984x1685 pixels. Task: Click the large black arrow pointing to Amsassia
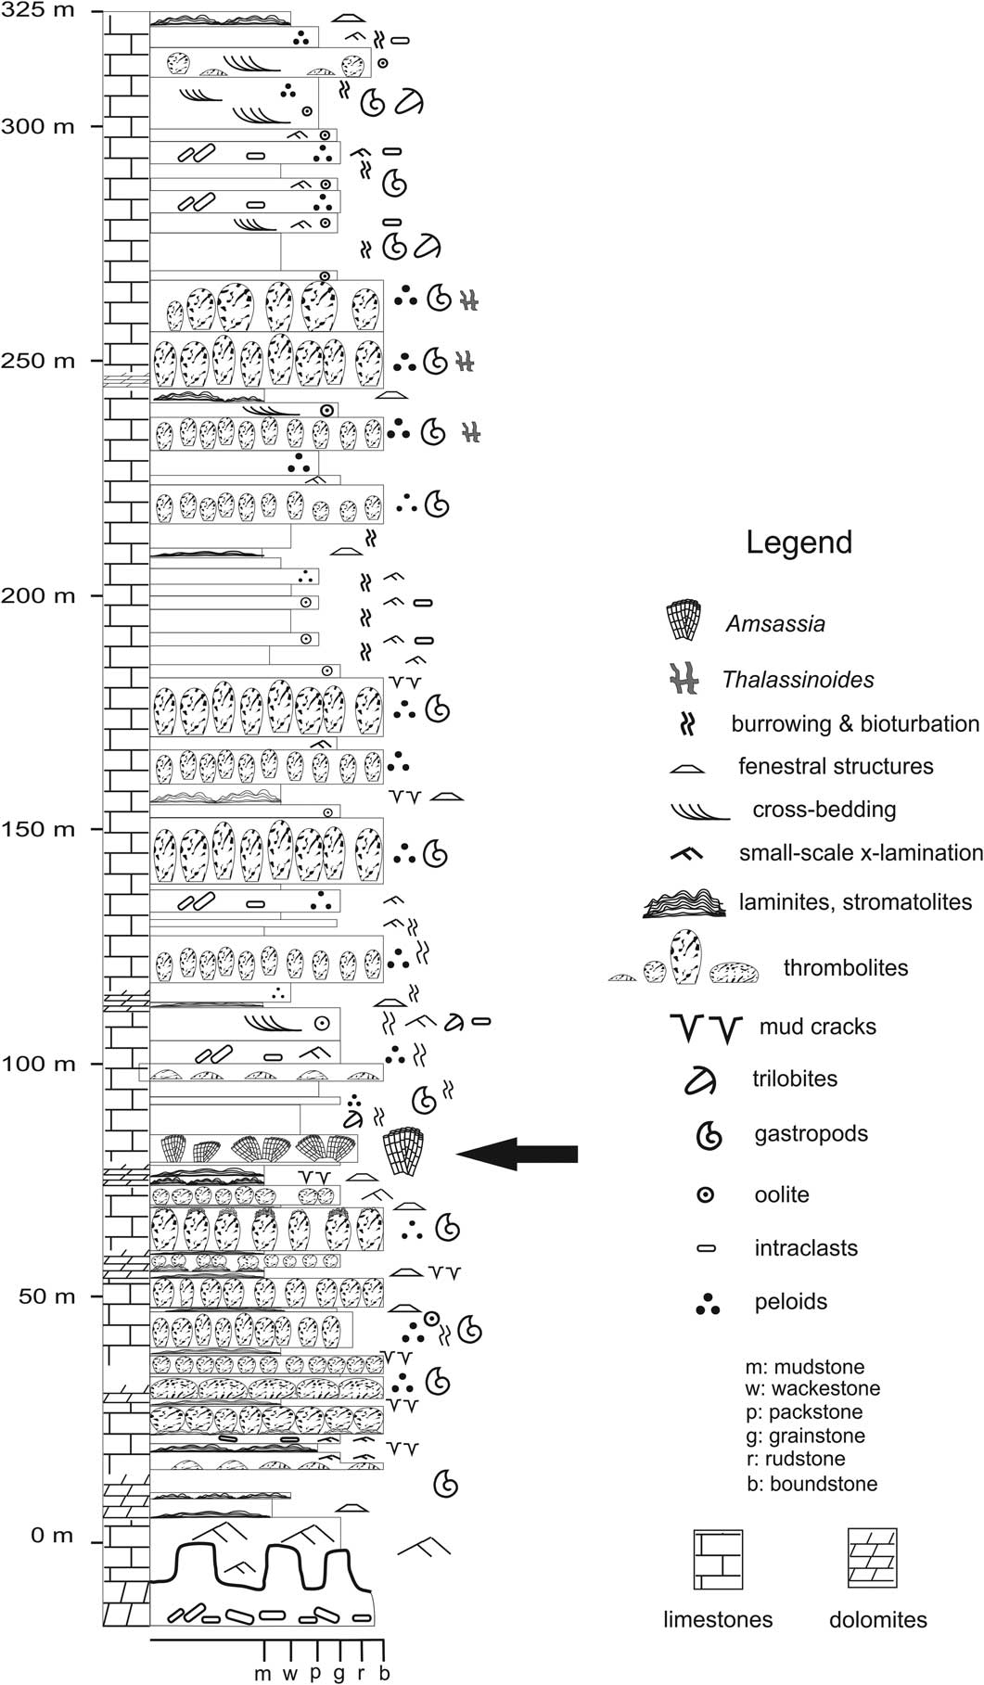click(518, 1154)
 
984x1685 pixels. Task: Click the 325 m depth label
click(40, 11)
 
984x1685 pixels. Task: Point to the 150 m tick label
click(40, 829)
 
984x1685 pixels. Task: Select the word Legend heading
click(799, 543)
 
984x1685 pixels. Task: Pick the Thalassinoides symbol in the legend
click(684, 680)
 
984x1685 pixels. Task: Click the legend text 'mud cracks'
click(817, 1027)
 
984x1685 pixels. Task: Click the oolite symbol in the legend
click(706, 1195)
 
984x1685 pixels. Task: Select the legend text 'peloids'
click(790, 1302)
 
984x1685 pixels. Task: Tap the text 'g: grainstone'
click(805, 1436)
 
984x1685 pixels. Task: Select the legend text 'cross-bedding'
click(824, 810)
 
